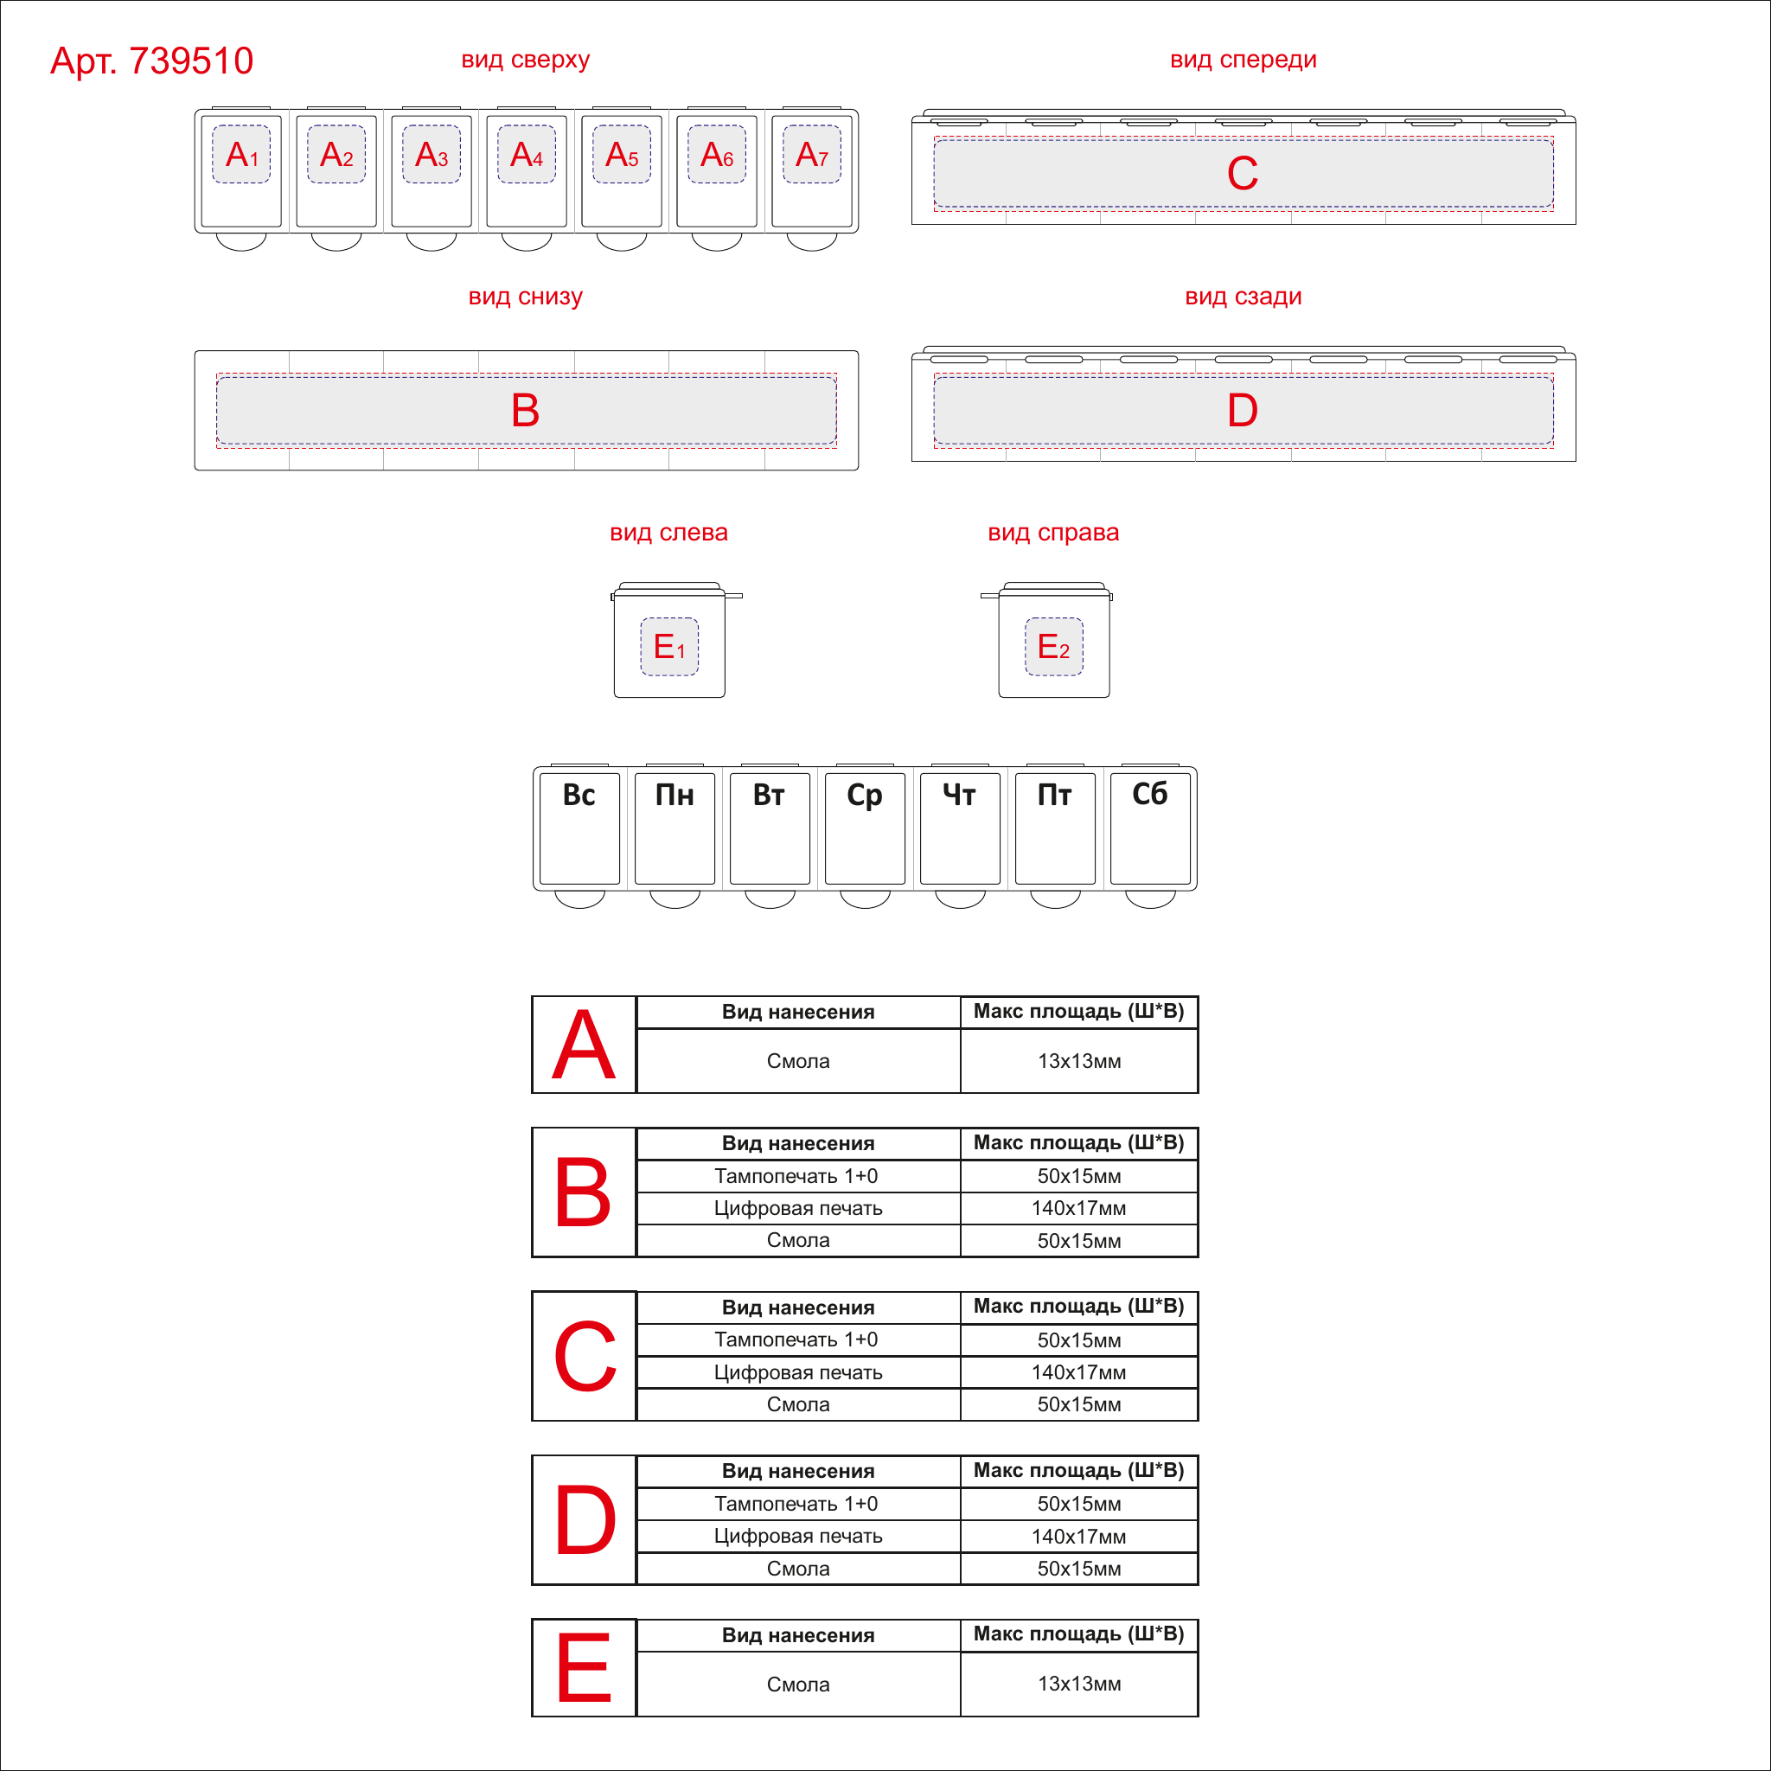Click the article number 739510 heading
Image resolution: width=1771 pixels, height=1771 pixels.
click(151, 61)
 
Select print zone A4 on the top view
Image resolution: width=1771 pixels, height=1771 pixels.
click(526, 154)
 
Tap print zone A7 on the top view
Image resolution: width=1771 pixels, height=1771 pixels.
click(811, 154)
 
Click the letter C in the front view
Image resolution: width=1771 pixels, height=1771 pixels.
click(1242, 173)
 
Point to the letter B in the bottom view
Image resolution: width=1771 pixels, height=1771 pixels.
click(525, 410)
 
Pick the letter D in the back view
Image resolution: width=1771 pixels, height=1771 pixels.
click(1242, 410)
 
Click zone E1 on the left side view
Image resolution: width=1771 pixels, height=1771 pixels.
click(669, 646)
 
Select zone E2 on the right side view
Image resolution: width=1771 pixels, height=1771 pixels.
click(1053, 646)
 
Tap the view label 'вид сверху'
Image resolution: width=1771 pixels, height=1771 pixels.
click(525, 60)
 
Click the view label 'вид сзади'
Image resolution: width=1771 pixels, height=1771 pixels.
click(1243, 296)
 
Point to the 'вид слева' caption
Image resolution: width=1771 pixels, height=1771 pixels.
click(668, 533)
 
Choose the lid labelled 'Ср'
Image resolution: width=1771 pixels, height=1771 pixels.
click(865, 828)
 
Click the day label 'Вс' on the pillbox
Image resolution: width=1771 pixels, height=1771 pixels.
click(579, 795)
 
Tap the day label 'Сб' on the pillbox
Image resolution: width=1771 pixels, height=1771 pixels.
click(1149, 794)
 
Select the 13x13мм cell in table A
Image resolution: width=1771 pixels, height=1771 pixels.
click(1079, 1060)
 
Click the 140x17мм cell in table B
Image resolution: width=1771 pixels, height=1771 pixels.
click(1079, 1208)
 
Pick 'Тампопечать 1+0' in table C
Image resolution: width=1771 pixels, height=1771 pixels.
click(796, 1339)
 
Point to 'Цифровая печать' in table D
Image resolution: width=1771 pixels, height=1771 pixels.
click(797, 1536)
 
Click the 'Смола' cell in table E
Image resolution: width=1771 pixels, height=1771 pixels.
click(797, 1684)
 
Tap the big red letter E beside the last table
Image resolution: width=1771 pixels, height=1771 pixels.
click(584, 1666)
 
